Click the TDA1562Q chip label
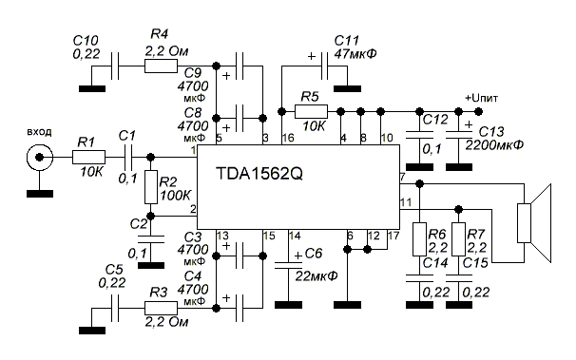click(x=259, y=173)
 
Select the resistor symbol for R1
click(x=88, y=157)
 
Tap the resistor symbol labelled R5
click(x=311, y=111)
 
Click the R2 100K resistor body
click(x=150, y=187)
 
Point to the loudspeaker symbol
click(x=534, y=223)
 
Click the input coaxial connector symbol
click(x=39, y=158)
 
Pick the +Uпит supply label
click(x=482, y=99)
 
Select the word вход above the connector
click(x=39, y=132)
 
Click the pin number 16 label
click(x=288, y=138)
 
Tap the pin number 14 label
click(x=295, y=236)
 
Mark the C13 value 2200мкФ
click(x=494, y=145)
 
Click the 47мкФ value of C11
click(x=355, y=54)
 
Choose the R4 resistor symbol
click(x=161, y=66)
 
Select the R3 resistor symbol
click(x=161, y=308)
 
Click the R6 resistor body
click(x=419, y=239)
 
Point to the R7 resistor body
click(x=458, y=239)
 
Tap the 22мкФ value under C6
click(x=317, y=276)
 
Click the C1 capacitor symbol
click(x=127, y=157)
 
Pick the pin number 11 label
click(x=406, y=202)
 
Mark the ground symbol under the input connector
click(x=40, y=194)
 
